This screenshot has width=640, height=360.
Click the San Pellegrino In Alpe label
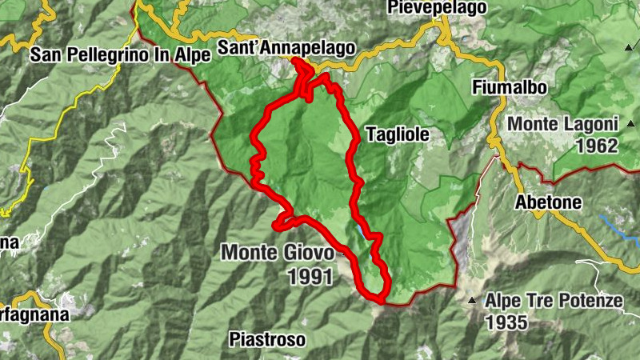click(x=120, y=54)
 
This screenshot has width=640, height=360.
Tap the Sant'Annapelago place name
click(x=285, y=48)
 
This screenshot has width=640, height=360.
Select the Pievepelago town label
click(x=437, y=8)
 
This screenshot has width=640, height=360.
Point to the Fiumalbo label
click(x=509, y=88)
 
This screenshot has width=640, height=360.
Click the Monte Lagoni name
click(x=563, y=125)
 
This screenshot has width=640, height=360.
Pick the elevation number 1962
click(x=596, y=146)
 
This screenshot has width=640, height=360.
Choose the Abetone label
click(x=549, y=202)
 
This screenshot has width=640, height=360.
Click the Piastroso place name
click(x=266, y=340)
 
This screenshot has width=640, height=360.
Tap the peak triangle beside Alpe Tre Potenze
click(x=473, y=301)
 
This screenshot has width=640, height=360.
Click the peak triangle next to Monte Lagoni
click(x=631, y=124)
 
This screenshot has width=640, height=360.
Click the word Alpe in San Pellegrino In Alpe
click(x=193, y=54)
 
